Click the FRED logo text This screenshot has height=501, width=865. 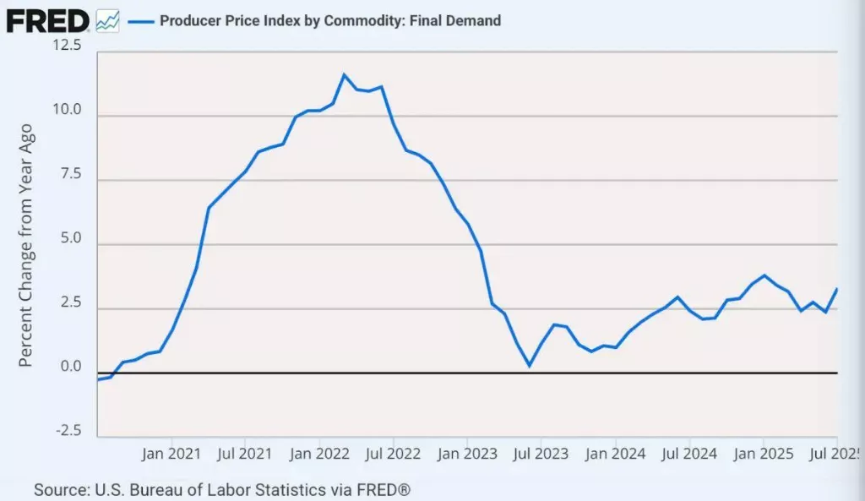point(47,19)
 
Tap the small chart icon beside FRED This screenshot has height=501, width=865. point(108,20)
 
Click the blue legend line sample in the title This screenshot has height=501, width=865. point(140,20)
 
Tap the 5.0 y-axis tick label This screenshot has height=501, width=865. point(69,238)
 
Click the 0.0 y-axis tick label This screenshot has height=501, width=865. point(69,367)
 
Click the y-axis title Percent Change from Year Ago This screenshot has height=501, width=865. point(26,245)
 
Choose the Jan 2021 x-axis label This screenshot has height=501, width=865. point(171,454)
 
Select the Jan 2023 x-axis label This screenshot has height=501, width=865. point(467,454)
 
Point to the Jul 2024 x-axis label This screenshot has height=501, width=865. point(689,454)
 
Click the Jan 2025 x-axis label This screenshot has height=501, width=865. point(763,454)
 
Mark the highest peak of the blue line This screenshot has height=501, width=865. point(344,75)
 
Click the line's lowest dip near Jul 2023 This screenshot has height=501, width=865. point(530,366)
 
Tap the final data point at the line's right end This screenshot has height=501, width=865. point(836,289)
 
